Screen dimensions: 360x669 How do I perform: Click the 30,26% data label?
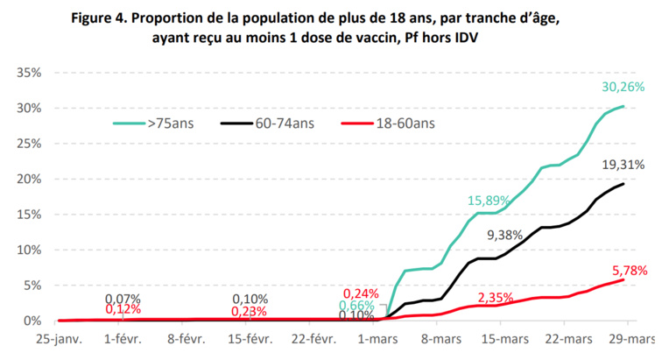coord(623,87)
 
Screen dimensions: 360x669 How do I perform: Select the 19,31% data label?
coord(623,165)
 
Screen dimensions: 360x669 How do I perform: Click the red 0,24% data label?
coord(362,293)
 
